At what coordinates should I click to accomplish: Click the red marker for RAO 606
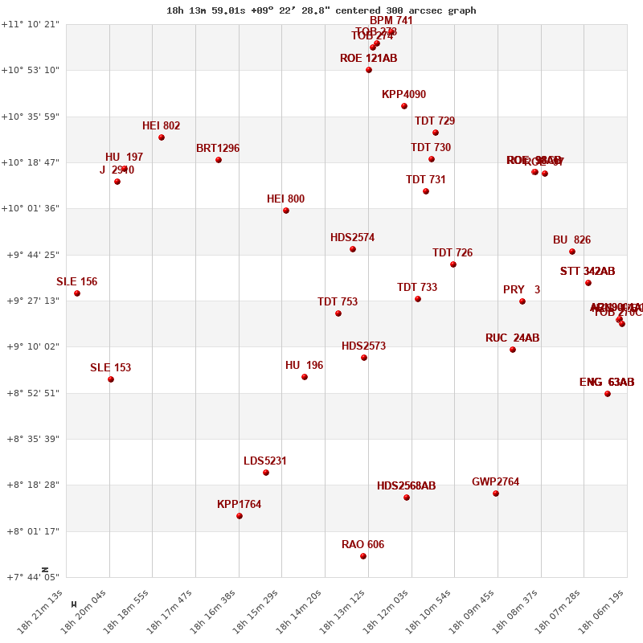click(363, 556)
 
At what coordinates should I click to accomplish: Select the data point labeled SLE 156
click(77, 293)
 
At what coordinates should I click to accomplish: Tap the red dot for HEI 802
click(162, 137)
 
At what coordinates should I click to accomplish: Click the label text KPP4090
click(403, 95)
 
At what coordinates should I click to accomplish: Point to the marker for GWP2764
click(496, 494)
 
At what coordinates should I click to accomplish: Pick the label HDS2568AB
click(406, 486)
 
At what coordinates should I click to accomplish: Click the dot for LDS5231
click(266, 473)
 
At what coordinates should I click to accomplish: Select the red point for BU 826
click(572, 252)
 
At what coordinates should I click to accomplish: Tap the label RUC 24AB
click(512, 338)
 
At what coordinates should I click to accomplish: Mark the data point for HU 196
click(305, 377)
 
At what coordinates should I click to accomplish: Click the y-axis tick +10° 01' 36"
click(32, 209)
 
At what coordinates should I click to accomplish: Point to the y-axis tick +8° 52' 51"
click(32, 393)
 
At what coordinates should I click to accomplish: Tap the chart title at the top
click(321, 10)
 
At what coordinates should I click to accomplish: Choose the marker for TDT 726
click(453, 264)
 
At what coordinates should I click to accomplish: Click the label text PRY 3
click(521, 290)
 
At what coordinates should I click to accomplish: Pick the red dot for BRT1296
click(219, 160)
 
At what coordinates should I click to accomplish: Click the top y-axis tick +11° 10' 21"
click(32, 24)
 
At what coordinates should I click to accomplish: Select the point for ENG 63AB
click(608, 394)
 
